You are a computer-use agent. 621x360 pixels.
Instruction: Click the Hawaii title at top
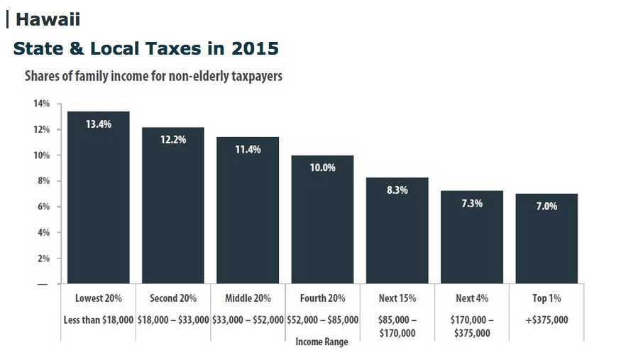(x=48, y=19)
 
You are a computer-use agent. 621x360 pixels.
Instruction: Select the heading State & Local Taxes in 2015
(x=145, y=48)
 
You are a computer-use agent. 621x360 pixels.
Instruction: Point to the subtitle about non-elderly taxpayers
(x=154, y=76)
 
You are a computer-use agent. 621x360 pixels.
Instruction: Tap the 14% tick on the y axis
(x=40, y=104)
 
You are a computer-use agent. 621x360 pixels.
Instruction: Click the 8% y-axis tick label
(x=43, y=181)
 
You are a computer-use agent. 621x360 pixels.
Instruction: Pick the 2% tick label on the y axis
(x=43, y=258)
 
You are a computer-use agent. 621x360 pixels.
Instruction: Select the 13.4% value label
(x=99, y=124)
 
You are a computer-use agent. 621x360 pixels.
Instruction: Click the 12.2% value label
(x=173, y=139)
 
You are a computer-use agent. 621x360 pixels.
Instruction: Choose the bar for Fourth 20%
(x=322, y=219)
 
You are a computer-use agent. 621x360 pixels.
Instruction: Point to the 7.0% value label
(x=546, y=206)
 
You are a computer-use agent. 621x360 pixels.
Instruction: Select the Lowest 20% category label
(x=99, y=298)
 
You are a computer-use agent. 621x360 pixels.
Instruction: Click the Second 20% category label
(x=173, y=298)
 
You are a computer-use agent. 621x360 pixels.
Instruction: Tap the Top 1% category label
(x=546, y=298)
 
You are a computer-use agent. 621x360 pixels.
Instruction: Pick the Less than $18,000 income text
(x=99, y=320)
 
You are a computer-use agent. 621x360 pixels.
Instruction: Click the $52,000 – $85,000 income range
(x=322, y=320)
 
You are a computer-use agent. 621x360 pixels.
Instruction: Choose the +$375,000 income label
(x=546, y=320)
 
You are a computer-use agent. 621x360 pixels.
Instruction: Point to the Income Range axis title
(x=322, y=342)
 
